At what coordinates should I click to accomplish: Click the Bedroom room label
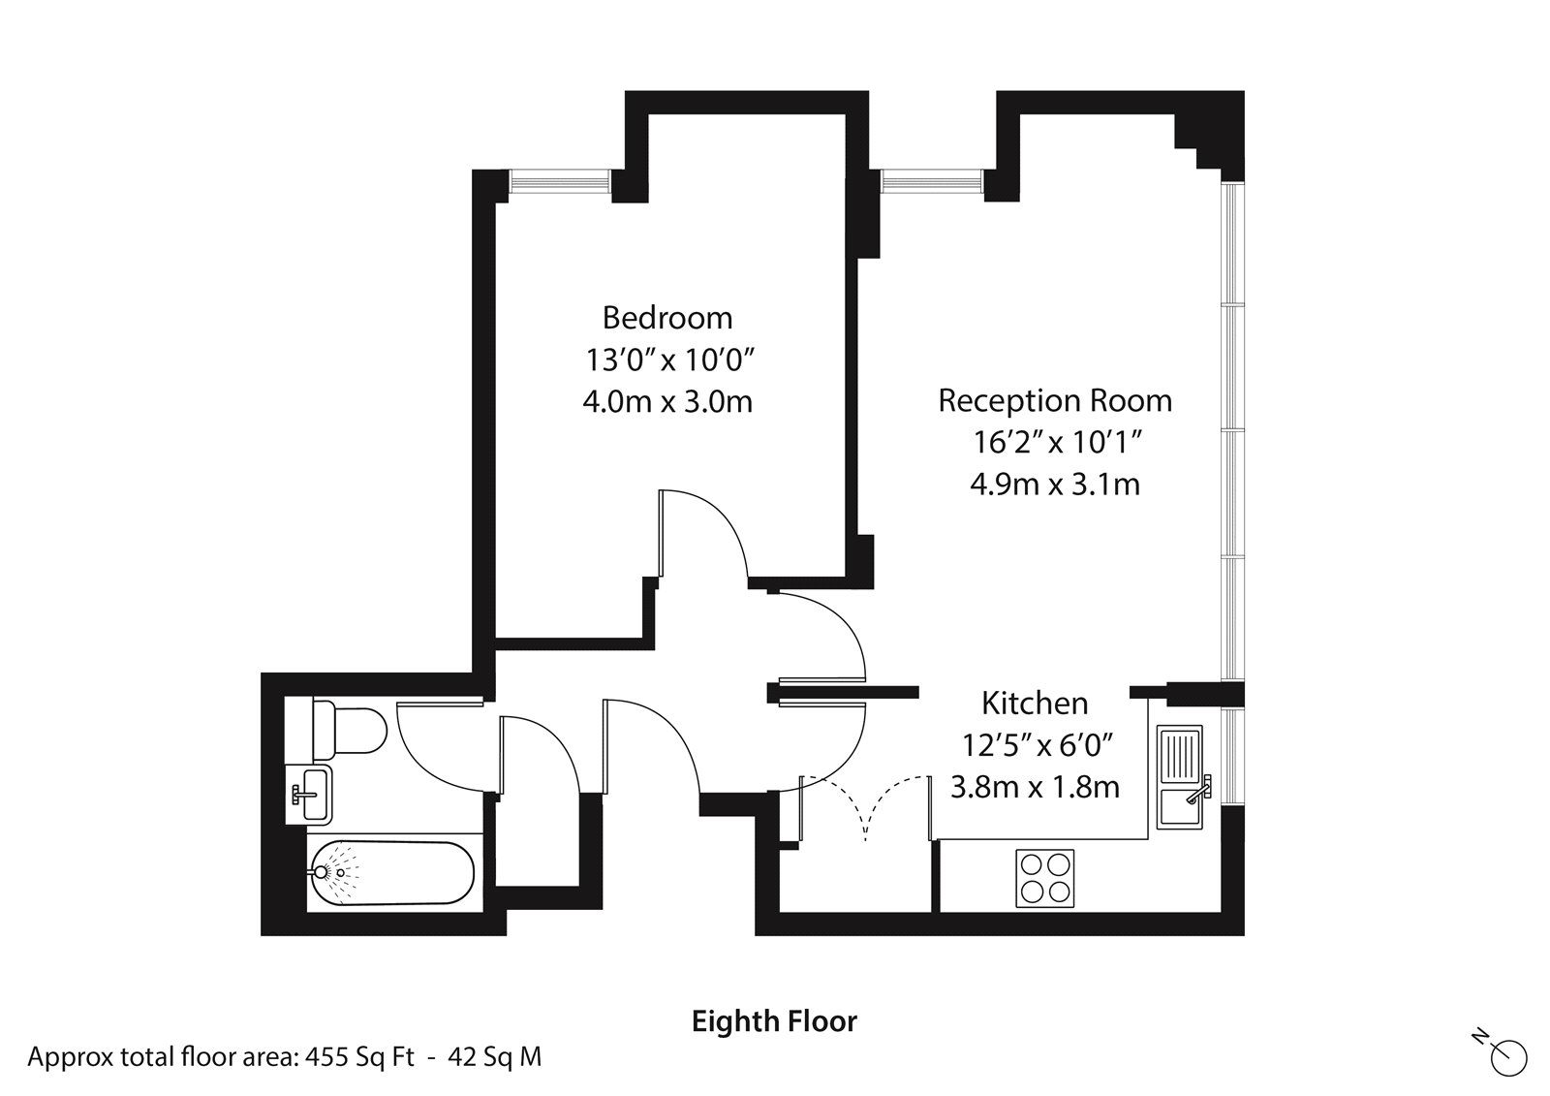coord(666,318)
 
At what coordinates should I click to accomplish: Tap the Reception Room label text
coord(1054,400)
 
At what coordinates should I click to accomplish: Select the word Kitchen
coord(1035,703)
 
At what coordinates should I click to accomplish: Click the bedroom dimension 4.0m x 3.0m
coord(666,401)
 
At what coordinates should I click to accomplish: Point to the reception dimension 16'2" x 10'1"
coord(1054,443)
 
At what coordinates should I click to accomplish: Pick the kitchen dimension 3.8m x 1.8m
coord(1035,786)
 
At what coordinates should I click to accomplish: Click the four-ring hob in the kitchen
coord(1044,878)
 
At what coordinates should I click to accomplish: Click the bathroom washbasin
coord(309,794)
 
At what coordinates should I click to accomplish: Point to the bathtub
coord(391,872)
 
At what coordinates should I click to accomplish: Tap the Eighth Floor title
coord(774,1021)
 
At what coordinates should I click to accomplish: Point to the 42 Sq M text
coord(495,1056)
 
